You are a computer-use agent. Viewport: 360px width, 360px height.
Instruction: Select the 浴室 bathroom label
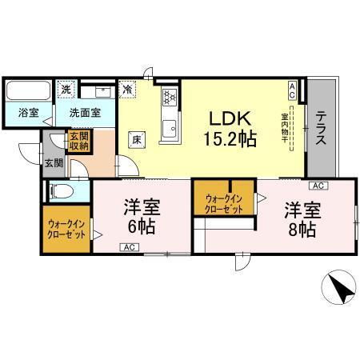tap(28, 113)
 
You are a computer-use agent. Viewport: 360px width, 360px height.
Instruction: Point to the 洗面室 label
tap(83, 113)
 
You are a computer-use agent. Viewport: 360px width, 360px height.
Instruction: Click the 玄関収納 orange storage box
tap(78, 140)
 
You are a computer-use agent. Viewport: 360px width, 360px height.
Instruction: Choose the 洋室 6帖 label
tap(142, 216)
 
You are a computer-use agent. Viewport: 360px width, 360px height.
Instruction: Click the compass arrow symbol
tap(341, 289)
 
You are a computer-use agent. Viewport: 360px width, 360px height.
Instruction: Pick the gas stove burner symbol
tap(170, 98)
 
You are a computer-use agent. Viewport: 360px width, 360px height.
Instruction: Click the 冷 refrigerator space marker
tap(128, 90)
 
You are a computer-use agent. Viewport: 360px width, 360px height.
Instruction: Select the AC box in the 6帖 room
tap(128, 247)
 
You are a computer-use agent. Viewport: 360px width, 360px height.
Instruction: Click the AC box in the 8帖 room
tap(318, 186)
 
